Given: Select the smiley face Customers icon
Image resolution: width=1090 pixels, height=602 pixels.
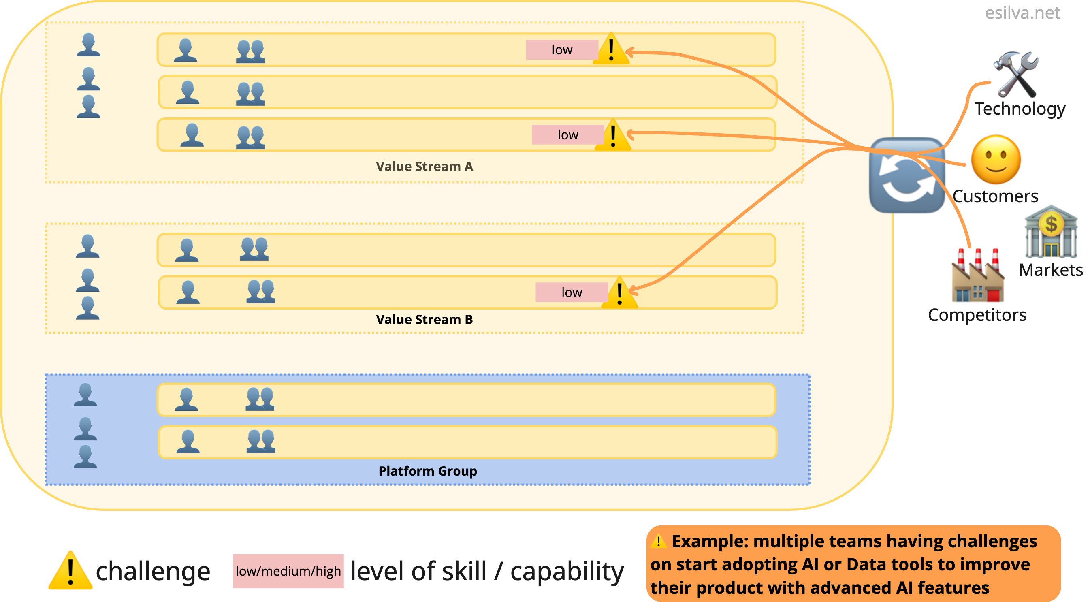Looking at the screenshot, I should click(x=996, y=160).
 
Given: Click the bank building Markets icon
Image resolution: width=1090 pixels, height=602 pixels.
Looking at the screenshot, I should click(x=1051, y=232).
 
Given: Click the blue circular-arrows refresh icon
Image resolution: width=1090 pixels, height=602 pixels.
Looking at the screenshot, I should click(x=907, y=175).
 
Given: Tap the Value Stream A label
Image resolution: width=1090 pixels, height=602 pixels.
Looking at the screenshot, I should click(x=424, y=167).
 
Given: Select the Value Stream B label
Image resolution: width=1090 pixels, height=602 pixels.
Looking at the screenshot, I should click(x=424, y=319).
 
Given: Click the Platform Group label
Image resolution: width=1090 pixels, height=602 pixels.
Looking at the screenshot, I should click(x=427, y=471).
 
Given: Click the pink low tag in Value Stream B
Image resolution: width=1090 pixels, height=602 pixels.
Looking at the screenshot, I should click(x=571, y=292).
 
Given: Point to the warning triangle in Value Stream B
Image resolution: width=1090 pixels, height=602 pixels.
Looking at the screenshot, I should click(x=619, y=293).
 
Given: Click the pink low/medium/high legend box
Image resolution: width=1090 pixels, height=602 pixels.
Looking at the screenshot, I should click(x=288, y=571).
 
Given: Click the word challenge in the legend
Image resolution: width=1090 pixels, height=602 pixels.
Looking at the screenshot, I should click(x=153, y=571).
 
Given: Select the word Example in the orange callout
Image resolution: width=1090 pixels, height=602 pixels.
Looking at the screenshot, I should click(x=709, y=542).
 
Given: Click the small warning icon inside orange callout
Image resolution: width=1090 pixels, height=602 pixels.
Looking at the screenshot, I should click(x=658, y=542).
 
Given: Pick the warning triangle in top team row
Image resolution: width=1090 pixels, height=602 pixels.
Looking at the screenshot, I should click(x=610, y=49).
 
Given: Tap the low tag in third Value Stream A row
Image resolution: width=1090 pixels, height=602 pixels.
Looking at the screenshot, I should click(x=567, y=134).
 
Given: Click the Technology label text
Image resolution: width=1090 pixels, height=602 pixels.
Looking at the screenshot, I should click(x=1020, y=109).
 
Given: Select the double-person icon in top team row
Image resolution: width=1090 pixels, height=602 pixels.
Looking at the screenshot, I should click(x=250, y=51).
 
